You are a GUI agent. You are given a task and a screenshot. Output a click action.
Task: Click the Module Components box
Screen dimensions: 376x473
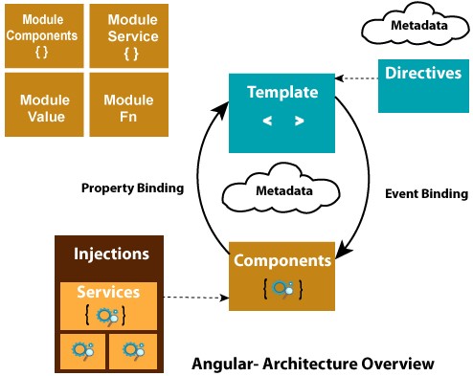point(43,34)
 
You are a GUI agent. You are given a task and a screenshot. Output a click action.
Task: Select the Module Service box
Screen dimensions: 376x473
point(126,34)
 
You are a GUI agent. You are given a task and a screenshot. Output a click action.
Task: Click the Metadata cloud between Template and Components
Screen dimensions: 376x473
point(282,191)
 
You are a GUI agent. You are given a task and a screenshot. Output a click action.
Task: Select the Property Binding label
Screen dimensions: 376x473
point(133,188)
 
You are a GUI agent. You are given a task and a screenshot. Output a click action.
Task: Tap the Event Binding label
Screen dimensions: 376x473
point(426,193)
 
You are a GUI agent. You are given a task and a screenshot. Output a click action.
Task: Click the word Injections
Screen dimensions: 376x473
point(112,254)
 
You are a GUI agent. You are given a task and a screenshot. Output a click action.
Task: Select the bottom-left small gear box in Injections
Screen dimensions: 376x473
point(82,351)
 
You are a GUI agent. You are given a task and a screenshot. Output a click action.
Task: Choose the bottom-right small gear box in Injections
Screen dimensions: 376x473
point(134,351)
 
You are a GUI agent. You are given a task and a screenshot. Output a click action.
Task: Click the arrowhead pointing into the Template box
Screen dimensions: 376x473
point(227,109)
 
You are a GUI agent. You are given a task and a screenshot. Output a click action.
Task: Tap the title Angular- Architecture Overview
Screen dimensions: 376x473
point(312,364)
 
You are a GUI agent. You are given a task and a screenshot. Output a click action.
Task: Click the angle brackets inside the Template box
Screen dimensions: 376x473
point(282,121)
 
